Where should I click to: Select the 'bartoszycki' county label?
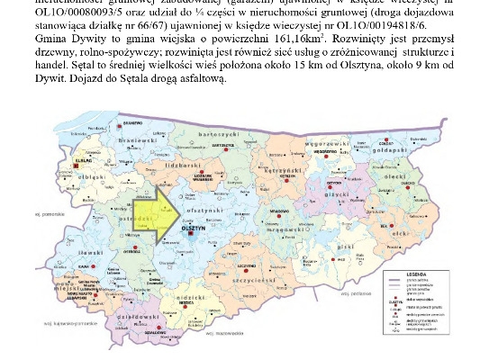240,133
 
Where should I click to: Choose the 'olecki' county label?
392,177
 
